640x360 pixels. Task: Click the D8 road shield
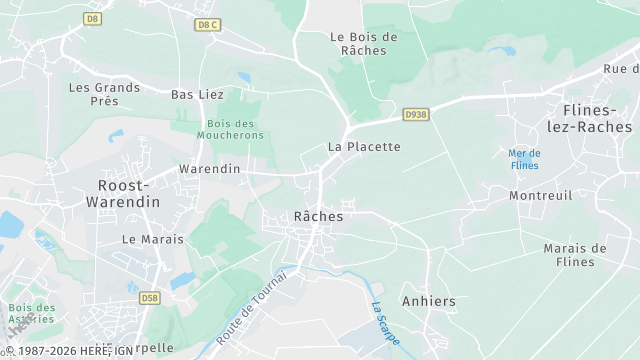(x=93, y=18)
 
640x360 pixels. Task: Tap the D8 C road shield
(x=207, y=24)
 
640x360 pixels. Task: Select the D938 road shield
(x=416, y=115)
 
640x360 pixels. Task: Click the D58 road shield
(x=150, y=298)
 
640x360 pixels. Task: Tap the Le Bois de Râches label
(x=364, y=43)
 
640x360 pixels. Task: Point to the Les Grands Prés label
(x=104, y=94)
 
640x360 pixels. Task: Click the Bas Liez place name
(x=198, y=94)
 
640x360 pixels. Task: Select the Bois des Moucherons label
(x=231, y=129)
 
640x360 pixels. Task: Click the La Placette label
(x=364, y=146)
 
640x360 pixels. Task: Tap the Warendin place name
(x=209, y=169)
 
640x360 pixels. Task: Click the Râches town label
(x=319, y=216)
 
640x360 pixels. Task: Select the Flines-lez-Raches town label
(x=598, y=118)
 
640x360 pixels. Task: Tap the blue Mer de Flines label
(x=524, y=158)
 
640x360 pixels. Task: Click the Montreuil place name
(x=540, y=196)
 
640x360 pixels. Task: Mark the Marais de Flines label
(x=575, y=255)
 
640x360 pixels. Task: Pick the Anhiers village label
(x=428, y=301)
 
